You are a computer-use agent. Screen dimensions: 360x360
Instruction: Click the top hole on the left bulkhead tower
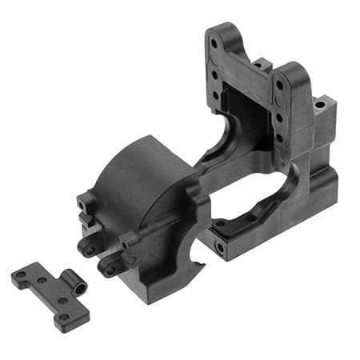tap(214, 37)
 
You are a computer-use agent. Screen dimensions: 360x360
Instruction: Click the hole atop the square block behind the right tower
tap(320, 104)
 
